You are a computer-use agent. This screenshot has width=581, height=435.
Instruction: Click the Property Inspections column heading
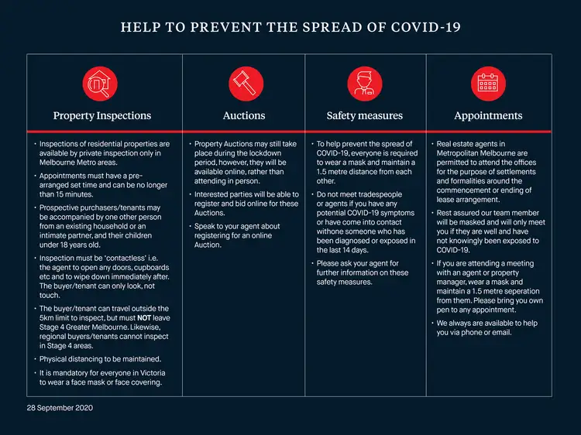(101, 116)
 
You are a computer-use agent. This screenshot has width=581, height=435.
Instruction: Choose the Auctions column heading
(243, 116)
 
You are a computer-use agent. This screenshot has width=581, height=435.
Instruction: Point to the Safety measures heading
(365, 116)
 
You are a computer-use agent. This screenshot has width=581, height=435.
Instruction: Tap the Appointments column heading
(488, 116)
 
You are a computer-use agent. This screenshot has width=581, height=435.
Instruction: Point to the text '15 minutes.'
(62, 195)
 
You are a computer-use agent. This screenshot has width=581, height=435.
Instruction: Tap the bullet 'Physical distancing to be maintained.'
(100, 359)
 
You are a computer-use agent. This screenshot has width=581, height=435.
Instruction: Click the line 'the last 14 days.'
(349, 250)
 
